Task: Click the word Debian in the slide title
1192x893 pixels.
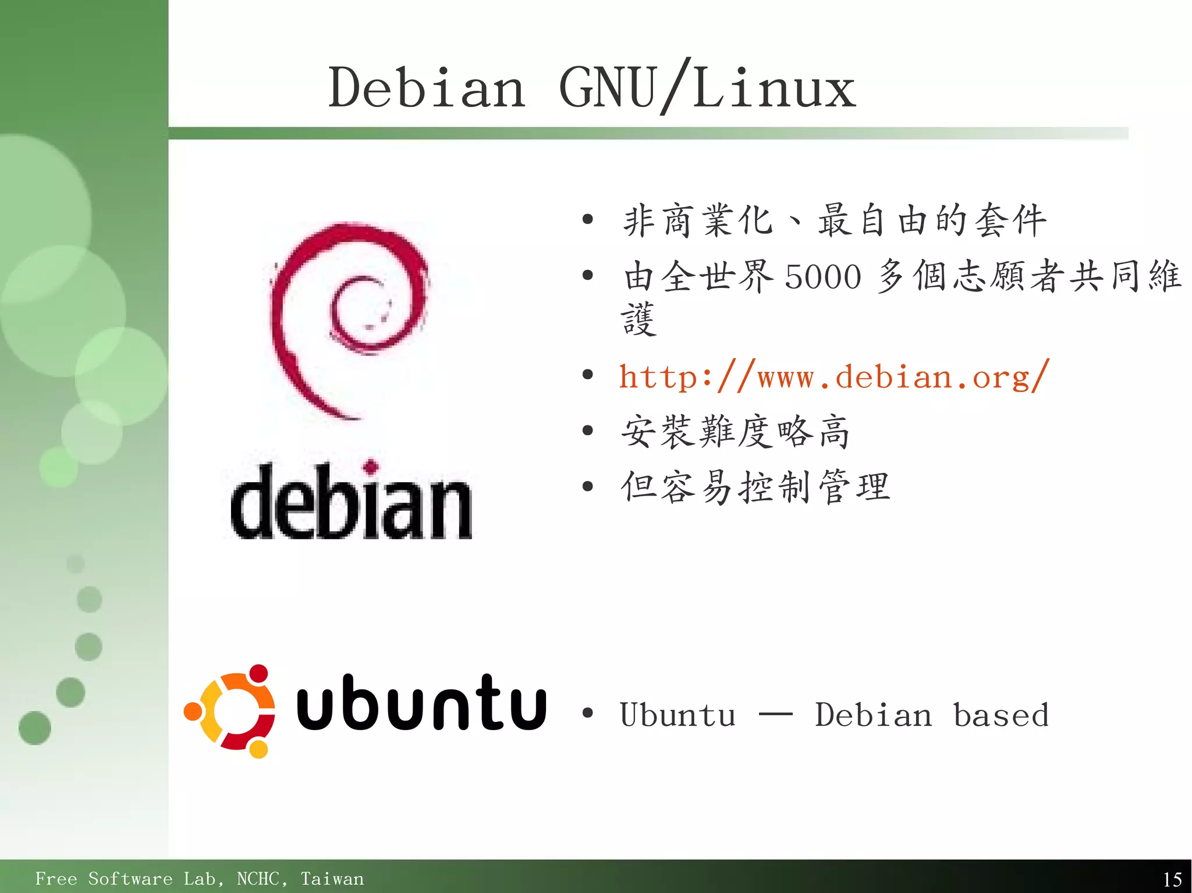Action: coord(427,88)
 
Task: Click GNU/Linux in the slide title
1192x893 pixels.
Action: coord(707,88)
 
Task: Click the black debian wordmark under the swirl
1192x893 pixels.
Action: coord(351,503)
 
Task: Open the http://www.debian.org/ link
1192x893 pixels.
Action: coord(833,377)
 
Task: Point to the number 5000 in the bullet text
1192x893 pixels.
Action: coord(822,276)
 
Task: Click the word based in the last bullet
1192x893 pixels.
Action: coord(1001,715)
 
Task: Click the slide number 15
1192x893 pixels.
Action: coord(1172,879)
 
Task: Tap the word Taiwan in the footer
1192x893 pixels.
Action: coord(332,878)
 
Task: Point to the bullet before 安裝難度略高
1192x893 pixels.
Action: coord(588,431)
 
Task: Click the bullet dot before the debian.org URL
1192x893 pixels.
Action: coord(588,375)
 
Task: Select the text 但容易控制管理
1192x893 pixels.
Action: coord(755,487)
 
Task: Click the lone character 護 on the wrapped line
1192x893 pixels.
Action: coord(638,320)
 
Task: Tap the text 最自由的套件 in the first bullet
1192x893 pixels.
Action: coord(932,220)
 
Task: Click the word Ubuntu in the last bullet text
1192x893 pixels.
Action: coord(677,715)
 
